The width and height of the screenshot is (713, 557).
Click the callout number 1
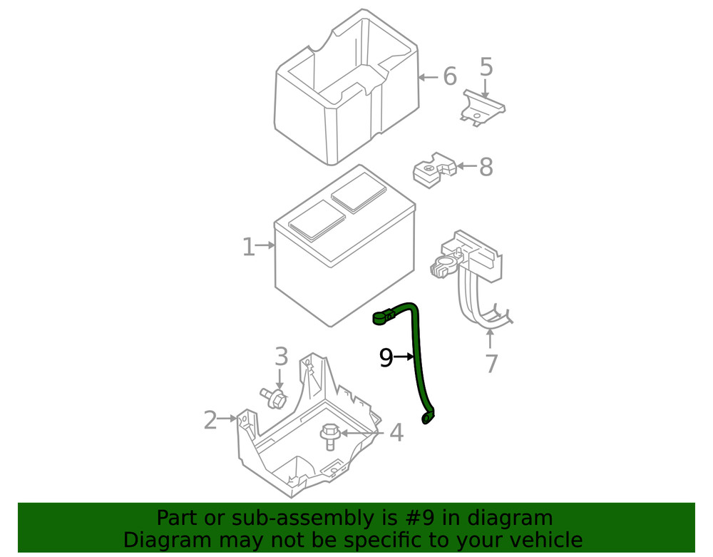pos(247,247)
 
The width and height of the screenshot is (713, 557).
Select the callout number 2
pos(210,420)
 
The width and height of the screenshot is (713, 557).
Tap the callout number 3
pos(281,357)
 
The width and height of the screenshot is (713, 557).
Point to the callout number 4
pos(396,432)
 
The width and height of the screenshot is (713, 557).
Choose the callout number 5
pos(486,68)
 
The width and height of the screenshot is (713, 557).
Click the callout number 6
pos(449,76)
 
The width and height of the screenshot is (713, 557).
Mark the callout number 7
pos(491,364)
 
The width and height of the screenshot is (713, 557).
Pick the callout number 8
pos(486,168)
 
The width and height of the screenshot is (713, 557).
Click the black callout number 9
pos(386,357)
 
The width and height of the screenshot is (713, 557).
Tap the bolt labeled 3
pos(274,398)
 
